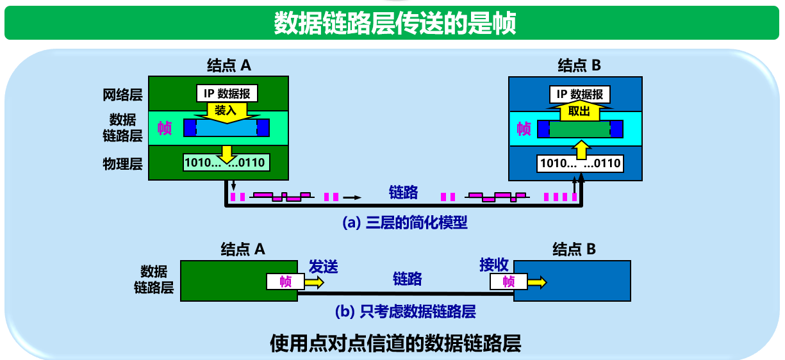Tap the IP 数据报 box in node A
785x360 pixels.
click(x=227, y=94)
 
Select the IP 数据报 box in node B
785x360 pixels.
click(x=579, y=94)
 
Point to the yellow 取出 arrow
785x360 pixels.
click(x=579, y=111)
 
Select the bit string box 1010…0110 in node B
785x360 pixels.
click(x=581, y=163)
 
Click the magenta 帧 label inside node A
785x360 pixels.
click(x=165, y=128)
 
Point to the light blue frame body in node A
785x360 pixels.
click(x=226, y=128)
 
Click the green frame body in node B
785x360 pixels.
click(x=580, y=129)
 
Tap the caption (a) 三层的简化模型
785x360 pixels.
click(x=405, y=223)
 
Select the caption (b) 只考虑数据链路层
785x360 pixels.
click(x=405, y=312)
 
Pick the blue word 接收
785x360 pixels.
click(x=494, y=265)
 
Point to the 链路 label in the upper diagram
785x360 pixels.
click(x=404, y=192)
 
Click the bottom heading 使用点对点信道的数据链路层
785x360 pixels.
click(x=395, y=343)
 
